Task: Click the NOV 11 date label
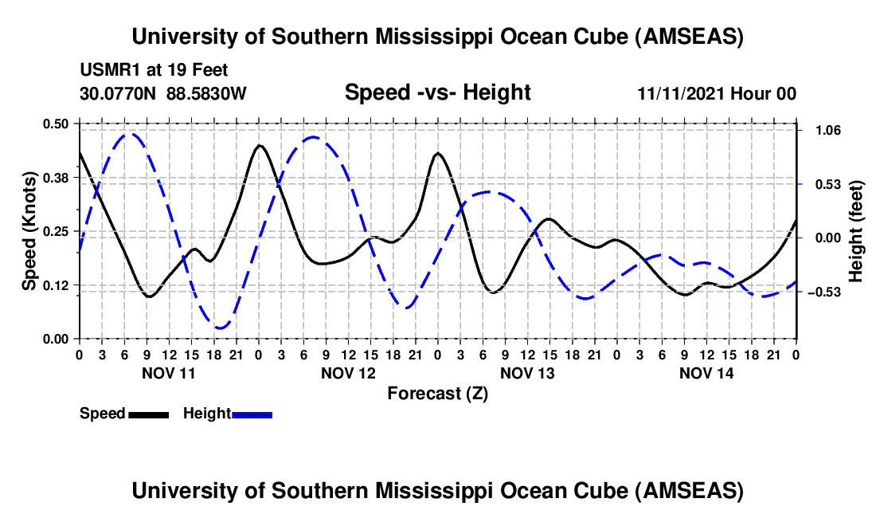[x=168, y=373]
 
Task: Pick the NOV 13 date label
[x=526, y=373]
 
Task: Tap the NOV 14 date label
[x=706, y=373]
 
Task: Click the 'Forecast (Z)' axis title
[x=437, y=394]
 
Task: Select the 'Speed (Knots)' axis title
[x=29, y=231]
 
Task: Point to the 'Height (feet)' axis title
[x=856, y=231]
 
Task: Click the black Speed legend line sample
[x=148, y=414]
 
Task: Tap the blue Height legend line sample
[x=252, y=414]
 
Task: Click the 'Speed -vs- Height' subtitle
[x=437, y=92]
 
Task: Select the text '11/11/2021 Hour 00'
[x=717, y=93]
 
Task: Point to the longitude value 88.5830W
[x=207, y=93]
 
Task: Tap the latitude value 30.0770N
[x=119, y=93]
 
